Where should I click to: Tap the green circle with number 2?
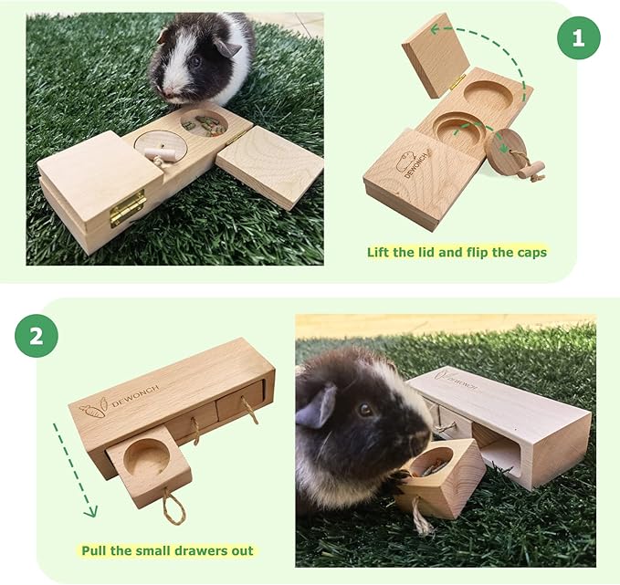click(x=36, y=335)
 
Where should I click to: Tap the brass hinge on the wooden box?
click(x=128, y=207)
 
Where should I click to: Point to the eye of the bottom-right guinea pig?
click(x=366, y=410)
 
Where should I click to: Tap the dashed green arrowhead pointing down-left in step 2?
click(x=89, y=512)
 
